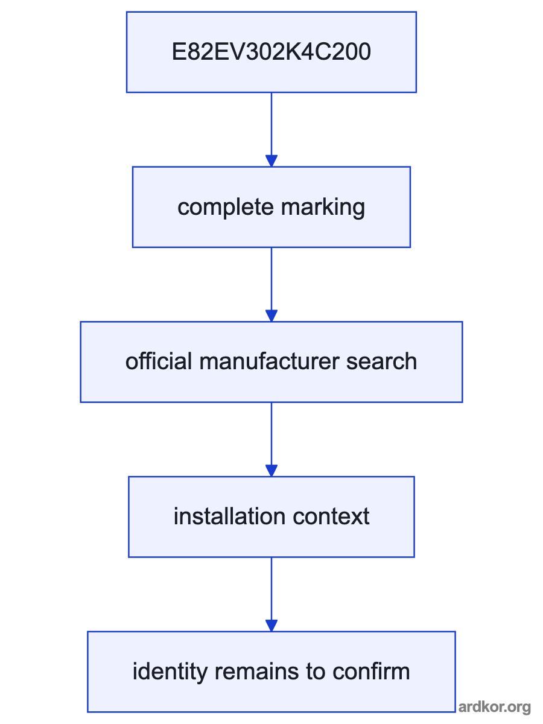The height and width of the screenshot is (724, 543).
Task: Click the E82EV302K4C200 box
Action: click(271, 52)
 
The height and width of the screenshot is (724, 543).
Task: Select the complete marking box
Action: click(271, 207)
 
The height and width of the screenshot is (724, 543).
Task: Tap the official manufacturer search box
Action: click(271, 362)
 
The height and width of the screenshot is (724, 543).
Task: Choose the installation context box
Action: click(271, 517)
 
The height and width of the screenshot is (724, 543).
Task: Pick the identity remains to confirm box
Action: click(271, 672)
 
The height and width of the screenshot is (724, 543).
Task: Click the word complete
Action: click(226, 208)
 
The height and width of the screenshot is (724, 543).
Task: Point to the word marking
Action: click(323, 208)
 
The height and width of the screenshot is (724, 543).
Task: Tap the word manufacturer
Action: click(269, 361)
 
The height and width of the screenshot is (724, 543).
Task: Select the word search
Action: click(381, 361)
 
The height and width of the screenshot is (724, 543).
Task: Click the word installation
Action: click(229, 516)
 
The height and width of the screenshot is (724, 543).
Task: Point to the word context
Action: click(331, 517)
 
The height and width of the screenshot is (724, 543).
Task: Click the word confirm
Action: click(371, 672)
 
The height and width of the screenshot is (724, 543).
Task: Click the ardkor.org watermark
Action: click(495, 707)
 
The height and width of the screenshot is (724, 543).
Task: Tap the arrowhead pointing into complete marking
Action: click(271, 161)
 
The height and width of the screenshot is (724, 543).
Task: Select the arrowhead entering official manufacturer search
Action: click(271, 316)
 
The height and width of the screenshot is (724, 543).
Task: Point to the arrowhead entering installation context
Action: click(271, 471)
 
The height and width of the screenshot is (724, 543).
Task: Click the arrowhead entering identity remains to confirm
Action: click(271, 626)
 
